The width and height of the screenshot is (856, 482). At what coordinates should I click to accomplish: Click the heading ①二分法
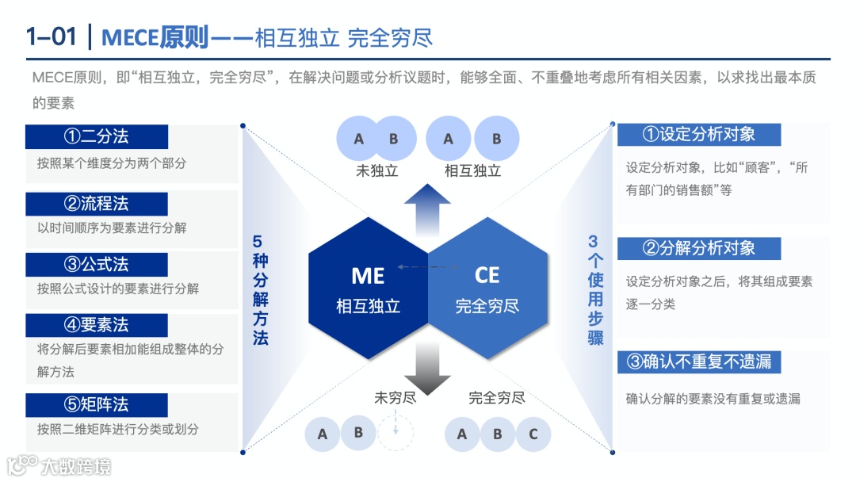click(x=97, y=136)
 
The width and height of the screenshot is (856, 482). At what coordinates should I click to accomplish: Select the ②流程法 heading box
click(x=97, y=204)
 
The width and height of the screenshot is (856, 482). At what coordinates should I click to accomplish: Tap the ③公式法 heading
click(x=97, y=265)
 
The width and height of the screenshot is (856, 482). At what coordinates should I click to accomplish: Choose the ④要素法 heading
click(x=97, y=325)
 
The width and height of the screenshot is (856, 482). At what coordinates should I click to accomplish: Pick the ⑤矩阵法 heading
click(x=97, y=405)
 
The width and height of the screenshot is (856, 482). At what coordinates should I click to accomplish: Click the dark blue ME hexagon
click(x=368, y=289)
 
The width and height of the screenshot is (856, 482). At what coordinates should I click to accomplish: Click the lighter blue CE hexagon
click(x=487, y=289)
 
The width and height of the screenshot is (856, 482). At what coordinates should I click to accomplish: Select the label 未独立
click(x=376, y=170)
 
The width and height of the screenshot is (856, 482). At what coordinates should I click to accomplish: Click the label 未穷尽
click(x=395, y=397)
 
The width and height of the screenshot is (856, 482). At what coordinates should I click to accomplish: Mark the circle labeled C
click(x=533, y=434)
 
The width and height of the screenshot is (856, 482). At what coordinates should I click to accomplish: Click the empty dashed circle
click(x=395, y=433)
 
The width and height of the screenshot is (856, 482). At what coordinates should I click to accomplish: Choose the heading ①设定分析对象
click(x=699, y=135)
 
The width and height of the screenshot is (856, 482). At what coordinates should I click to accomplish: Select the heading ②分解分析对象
click(x=699, y=248)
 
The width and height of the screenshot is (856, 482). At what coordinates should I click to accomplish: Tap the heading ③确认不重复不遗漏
click(x=699, y=362)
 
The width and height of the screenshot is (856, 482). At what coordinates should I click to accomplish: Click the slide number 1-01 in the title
click(x=52, y=37)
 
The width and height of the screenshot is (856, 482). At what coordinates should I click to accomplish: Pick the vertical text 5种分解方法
click(x=261, y=289)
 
